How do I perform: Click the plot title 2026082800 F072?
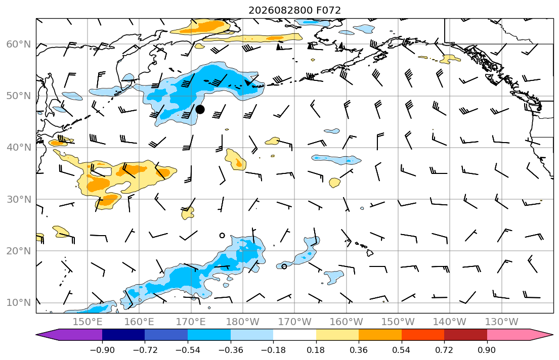(294, 10)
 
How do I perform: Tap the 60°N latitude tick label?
(19, 44)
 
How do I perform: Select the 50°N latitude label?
(19, 96)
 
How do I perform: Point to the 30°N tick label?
(19, 199)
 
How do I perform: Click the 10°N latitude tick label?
(19, 303)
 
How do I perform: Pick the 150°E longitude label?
(88, 322)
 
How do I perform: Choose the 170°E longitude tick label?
(191, 322)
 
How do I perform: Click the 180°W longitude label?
(243, 322)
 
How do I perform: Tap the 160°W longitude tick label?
(346, 322)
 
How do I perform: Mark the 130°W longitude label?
(502, 322)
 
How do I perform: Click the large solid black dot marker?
(200, 109)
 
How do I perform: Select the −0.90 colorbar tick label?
(102, 350)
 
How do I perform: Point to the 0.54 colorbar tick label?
(402, 350)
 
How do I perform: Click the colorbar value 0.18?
(316, 350)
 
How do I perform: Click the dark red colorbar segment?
(465, 335)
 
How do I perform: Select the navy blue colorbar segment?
(123, 335)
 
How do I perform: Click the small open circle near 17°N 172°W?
(284, 266)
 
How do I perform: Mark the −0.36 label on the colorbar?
(231, 350)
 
